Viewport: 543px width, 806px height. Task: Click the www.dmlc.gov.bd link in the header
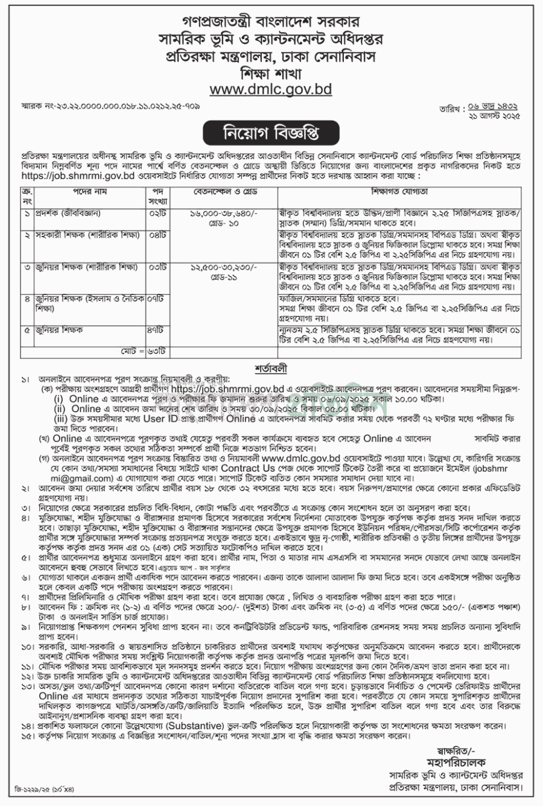pos(271,89)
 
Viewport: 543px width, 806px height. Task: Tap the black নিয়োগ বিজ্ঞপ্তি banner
pos(271,130)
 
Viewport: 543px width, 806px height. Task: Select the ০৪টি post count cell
pos(157,233)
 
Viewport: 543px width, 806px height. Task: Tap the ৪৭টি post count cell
pos(157,330)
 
